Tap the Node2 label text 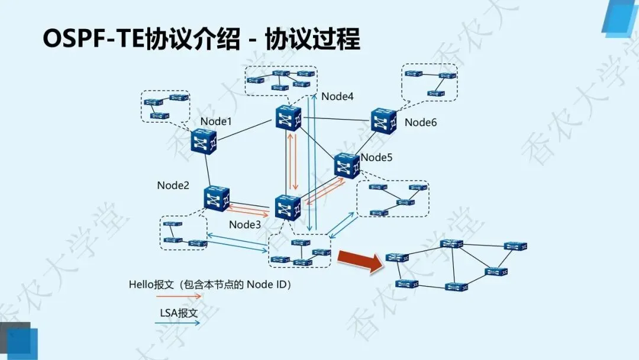click(x=173, y=185)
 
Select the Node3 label click(x=245, y=224)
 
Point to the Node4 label click(x=337, y=97)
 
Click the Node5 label click(x=376, y=157)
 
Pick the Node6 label click(x=421, y=123)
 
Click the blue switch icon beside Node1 click(x=205, y=142)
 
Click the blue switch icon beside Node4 click(x=288, y=119)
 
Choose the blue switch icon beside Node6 click(x=383, y=120)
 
